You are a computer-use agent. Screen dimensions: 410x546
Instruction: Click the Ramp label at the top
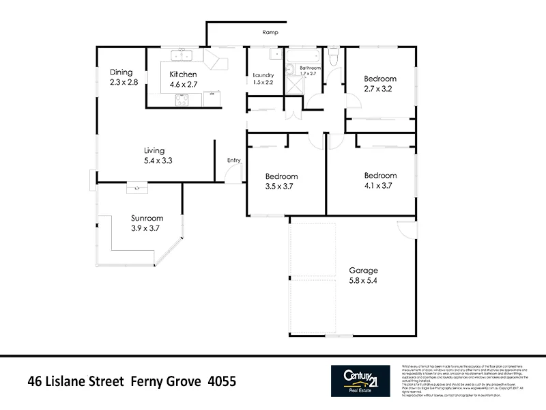pos(271,32)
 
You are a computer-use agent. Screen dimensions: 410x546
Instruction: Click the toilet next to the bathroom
pos(333,57)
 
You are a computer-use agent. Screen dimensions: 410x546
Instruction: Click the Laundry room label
pos(263,75)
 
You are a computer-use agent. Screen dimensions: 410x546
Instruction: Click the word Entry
pos(234,161)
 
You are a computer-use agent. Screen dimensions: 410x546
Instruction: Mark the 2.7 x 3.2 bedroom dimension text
pos(379,89)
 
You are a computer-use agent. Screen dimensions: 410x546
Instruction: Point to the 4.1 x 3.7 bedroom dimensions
pos(379,185)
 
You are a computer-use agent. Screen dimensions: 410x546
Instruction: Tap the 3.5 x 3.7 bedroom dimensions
pos(281,186)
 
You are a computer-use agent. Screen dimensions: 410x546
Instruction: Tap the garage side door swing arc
pos(405,231)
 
